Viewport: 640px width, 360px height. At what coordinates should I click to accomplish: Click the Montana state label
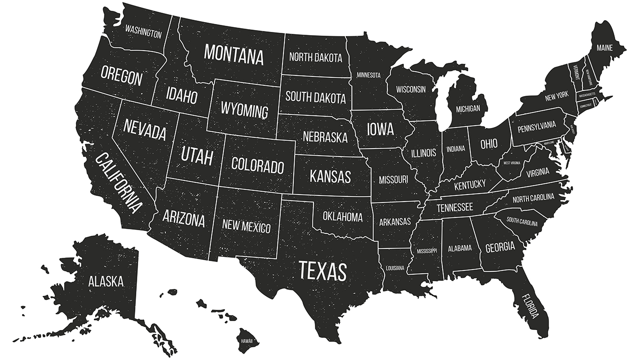coord(234,54)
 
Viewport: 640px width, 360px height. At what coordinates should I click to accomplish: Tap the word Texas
coord(323,271)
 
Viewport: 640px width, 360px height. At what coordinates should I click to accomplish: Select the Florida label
coord(531,306)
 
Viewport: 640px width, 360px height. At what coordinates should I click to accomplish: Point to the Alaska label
coord(106,281)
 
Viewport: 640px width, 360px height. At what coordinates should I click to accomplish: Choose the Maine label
coord(604,48)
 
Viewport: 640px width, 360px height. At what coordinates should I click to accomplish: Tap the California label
coord(119,183)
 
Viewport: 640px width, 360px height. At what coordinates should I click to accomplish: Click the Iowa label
coord(380,128)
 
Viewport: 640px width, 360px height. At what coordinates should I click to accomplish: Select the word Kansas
coord(330,177)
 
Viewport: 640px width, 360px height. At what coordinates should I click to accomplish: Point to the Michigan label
coord(468,109)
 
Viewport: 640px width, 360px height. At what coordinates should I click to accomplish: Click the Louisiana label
coord(395,268)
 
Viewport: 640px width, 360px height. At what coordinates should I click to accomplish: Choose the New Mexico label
coord(246,226)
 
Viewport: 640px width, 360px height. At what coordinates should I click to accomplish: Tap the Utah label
coord(197,155)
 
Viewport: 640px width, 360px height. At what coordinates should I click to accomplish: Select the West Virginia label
coord(512,163)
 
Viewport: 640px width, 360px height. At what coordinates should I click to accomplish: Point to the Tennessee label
coord(455,207)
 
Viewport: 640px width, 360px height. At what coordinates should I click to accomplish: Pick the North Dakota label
coord(316,58)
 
